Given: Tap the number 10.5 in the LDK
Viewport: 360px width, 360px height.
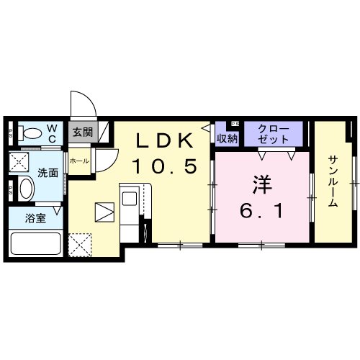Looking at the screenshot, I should (x=163, y=167).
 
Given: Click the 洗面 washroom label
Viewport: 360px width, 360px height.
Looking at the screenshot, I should (x=49, y=173).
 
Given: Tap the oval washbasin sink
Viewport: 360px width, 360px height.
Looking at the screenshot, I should (x=25, y=191).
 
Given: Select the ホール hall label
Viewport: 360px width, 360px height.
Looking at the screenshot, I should (x=79, y=161).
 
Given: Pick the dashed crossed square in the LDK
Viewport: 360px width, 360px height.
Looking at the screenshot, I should (x=79, y=225).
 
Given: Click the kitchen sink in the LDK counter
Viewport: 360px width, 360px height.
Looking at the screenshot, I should (x=132, y=196).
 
